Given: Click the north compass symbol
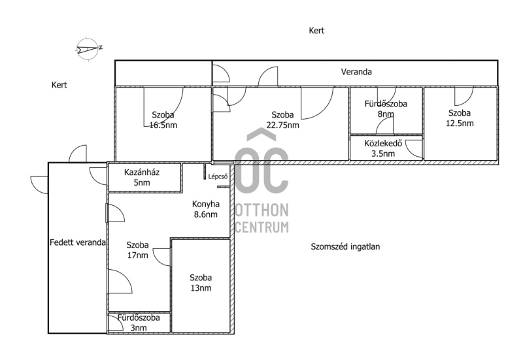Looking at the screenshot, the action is [88, 49].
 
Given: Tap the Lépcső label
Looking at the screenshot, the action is [218, 176].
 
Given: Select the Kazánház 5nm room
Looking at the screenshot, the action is [144, 177].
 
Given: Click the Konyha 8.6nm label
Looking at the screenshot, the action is [206, 209].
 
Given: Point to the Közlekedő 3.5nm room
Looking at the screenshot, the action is [386, 148].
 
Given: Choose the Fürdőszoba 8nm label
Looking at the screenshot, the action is [386, 108].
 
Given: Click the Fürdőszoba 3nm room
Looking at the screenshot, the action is [139, 323].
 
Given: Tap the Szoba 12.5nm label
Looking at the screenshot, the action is [460, 118].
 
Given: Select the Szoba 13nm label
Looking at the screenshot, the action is [201, 283].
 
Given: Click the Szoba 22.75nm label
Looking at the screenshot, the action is [283, 120].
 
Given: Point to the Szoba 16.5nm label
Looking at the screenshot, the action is [163, 120].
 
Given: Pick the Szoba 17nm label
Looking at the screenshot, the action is [137, 250].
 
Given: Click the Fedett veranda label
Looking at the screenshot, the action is [78, 242].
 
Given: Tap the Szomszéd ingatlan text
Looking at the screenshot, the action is [345, 247].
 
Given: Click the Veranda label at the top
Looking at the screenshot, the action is [356, 72].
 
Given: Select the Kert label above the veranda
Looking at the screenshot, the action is [316, 31].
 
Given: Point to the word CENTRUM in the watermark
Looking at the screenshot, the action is [262, 227].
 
